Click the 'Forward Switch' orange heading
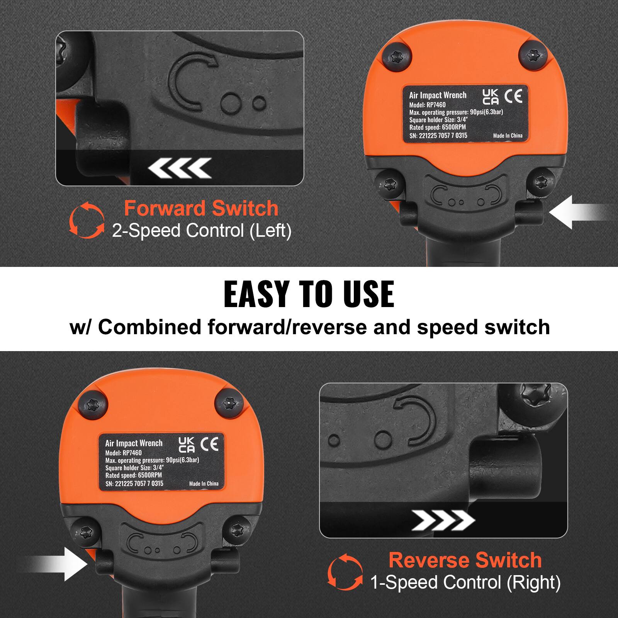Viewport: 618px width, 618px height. point(201,209)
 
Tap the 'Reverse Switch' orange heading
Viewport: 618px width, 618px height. point(465,560)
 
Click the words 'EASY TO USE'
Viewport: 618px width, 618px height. point(309,294)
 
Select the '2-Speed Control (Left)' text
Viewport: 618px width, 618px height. point(202,231)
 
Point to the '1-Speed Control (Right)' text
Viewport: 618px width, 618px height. point(465,582)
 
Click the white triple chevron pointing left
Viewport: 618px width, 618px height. point(180,168)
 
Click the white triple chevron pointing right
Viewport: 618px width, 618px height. point(443,520)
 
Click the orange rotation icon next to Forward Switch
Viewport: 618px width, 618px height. point(87,219)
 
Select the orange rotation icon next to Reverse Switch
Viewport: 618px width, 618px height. point(345,571)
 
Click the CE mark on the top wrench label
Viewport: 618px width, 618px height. point(513,96)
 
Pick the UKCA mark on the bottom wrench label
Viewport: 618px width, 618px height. point(187,445)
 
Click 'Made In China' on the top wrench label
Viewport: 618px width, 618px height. point(508,136)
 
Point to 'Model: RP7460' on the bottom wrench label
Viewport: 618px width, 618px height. point(124,453)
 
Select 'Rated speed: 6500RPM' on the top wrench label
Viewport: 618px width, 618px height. point(438,127)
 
